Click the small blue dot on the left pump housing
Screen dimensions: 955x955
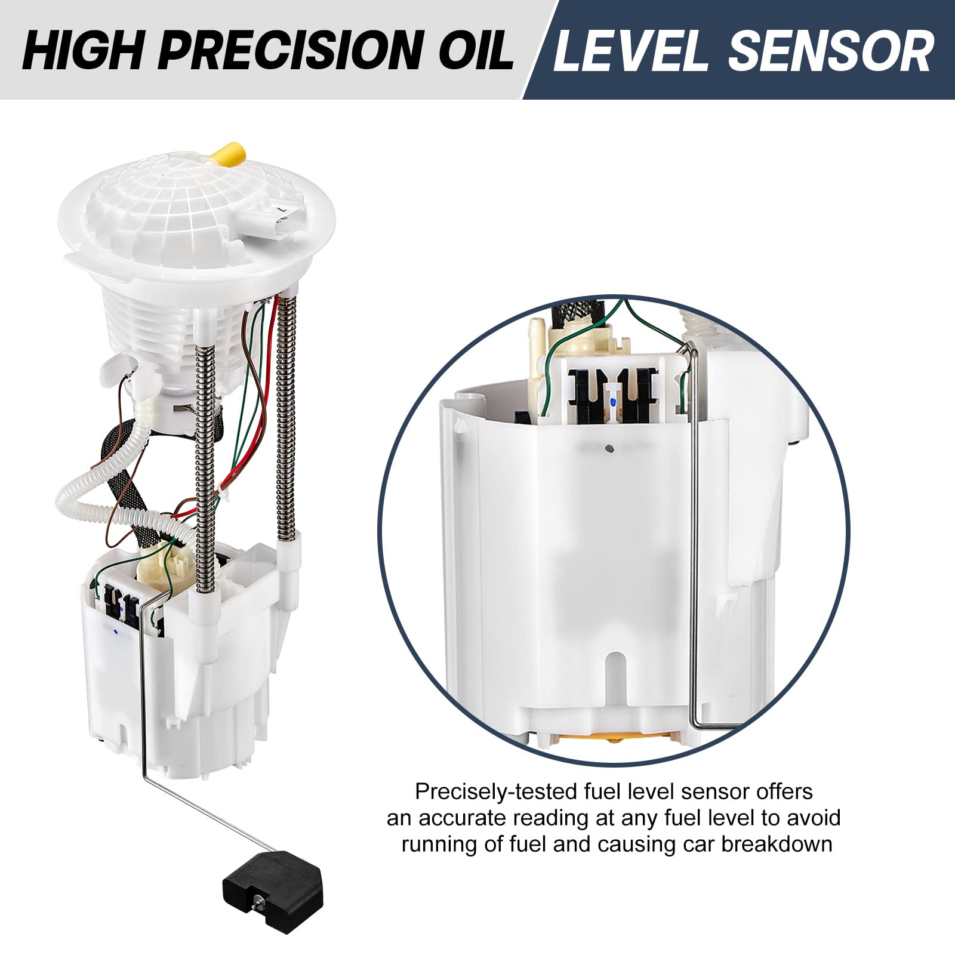[x=115, y=629]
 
